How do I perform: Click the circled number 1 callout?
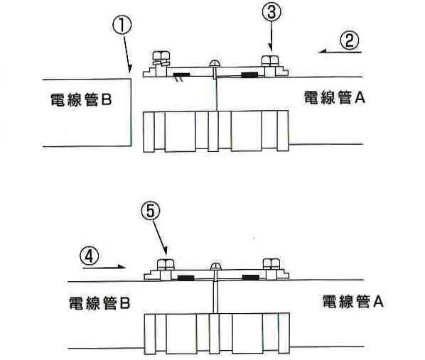[122, 25]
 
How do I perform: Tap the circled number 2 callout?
[350, 41]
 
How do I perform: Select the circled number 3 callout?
[272, 13]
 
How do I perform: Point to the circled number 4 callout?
[89, 256]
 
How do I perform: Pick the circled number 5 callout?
[151, 211]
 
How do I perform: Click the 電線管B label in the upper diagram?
[81, 99]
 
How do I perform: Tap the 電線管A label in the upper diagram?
[335, 97]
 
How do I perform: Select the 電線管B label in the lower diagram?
[99, 303]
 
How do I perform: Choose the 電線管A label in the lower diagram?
[353, 301]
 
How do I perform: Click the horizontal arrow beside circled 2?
[340, 51]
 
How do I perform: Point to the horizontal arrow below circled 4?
[104, 267]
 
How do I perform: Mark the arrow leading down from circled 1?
[128, 54]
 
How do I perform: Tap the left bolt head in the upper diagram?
[161, 59]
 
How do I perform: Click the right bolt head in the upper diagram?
[270, 61]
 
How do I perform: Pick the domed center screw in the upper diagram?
[215, 63]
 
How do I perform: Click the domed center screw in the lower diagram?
[216, 266]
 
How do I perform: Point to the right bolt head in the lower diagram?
[271, 264]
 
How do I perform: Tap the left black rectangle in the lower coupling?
[185, 278]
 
